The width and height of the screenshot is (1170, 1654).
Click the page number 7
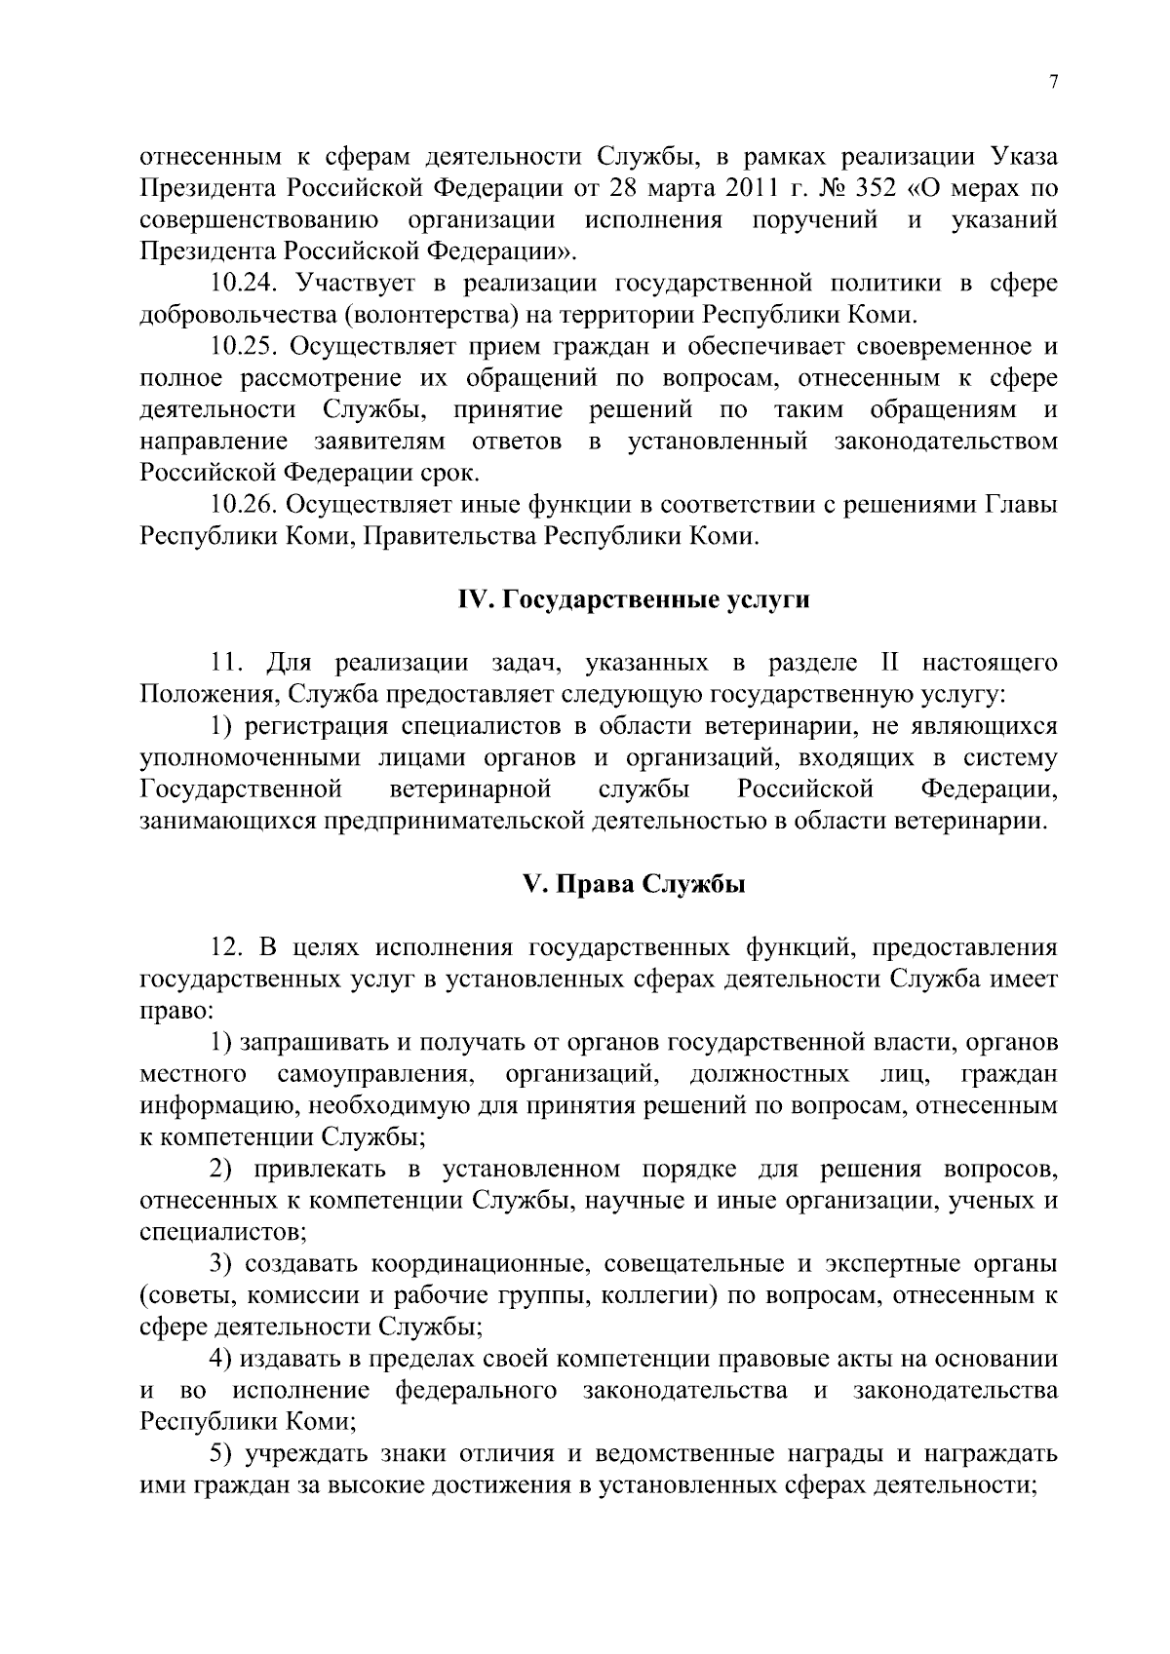(1053, 83)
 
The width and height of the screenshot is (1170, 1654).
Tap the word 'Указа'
(1024, 156)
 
